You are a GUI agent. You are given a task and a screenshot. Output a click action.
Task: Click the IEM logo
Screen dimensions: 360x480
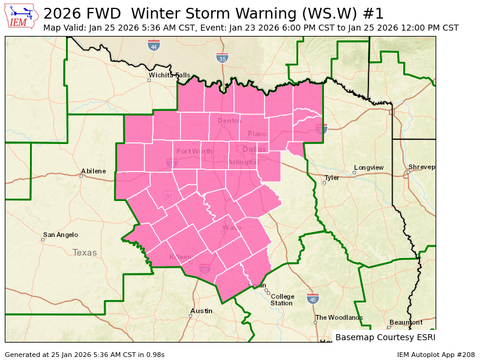click(22, 16)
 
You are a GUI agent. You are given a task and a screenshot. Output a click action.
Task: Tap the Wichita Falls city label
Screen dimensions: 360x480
click(170, 76)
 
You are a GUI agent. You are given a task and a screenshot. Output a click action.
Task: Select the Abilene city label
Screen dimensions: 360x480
click(93, 171)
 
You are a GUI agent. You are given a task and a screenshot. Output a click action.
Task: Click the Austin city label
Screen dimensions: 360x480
click(201, 311)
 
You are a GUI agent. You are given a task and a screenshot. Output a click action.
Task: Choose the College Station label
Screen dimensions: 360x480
click(281, 299)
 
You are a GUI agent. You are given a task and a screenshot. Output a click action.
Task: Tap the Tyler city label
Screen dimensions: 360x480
click(332, 178)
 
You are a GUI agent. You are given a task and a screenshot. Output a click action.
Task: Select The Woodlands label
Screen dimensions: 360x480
click(339, 317)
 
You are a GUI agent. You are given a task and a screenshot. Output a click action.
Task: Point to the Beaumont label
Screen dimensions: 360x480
click(406, 322)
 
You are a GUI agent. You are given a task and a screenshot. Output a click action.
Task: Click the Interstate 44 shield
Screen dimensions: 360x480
click(154, 45)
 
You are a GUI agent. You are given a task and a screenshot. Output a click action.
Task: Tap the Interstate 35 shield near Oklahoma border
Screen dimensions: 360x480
click(223, 58)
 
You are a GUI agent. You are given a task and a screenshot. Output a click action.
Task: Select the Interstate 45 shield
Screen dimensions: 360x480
click(313, 298)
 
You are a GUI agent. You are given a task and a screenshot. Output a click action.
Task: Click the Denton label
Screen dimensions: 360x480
click(229, 121)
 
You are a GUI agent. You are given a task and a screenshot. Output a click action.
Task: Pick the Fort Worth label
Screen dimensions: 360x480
click(195, 151)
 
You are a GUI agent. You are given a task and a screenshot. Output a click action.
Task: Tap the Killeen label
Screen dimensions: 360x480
click(180, 257)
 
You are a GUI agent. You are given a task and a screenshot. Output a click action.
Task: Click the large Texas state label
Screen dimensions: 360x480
click(85, 253)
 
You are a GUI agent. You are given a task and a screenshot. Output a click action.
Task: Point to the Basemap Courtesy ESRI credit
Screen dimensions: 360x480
click(385, 337)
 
